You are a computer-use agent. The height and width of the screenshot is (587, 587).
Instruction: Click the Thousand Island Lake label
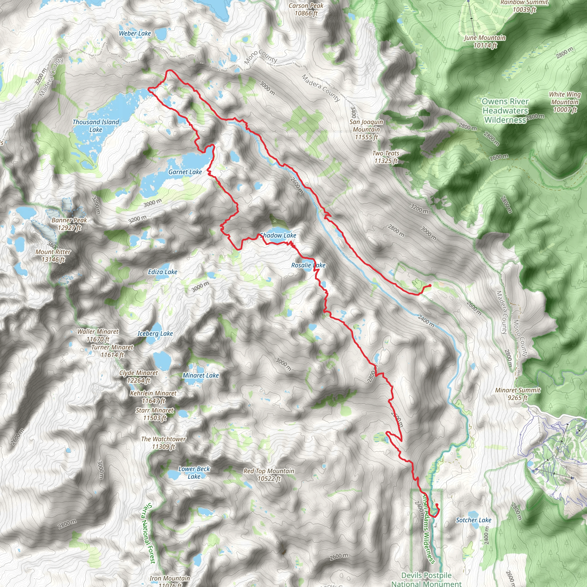click(x=96, y=126)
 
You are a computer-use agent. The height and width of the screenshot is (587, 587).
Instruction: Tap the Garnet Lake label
click(x=185, y=172)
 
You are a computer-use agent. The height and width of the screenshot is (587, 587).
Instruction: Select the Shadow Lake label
click(x=278, y=235)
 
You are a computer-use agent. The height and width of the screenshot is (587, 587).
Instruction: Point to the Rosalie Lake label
click(x=308, y=265)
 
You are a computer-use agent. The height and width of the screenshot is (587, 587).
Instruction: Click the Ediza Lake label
click(x=163, y=272)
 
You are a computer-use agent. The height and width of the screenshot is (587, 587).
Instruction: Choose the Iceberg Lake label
click(x=155, y=334)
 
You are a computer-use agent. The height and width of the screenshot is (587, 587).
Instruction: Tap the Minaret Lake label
click(x=201, y=375)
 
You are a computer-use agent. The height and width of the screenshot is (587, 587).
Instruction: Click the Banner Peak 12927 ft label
click(x=69, y=224)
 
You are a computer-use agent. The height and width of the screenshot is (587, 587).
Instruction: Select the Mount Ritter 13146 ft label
click(x=53, y=255)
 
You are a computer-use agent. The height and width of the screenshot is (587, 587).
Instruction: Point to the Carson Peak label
click(x=306, y=9)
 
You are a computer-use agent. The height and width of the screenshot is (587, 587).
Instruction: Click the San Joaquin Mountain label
click(x=366, y=130)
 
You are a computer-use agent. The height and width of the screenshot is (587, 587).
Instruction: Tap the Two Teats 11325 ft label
click(x=386, y=157)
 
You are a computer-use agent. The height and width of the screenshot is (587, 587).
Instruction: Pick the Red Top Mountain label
click(x=269, y=475)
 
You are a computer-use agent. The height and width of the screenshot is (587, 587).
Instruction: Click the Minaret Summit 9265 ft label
click(x=518, y=394)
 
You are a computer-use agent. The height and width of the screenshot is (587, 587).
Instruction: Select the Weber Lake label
click(x=135, y=34)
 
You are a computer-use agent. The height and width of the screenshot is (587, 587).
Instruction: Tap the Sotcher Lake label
click(x=473, y=520)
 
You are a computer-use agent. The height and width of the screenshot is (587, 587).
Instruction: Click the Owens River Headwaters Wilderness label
click(x=505, y=111)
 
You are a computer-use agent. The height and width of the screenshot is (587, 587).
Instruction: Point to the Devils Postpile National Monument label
click(x=426, y=579)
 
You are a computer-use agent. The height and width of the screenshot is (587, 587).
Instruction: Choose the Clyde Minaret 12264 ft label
click(x=138, y=376)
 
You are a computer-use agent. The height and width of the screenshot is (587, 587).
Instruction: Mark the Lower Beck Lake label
click(x=194, y=472)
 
